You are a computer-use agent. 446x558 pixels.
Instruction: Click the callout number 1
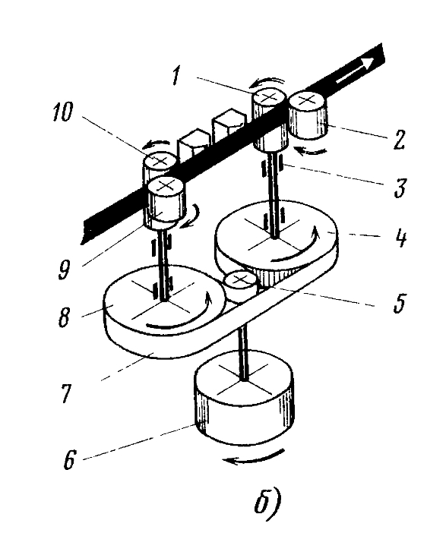pos(176,76)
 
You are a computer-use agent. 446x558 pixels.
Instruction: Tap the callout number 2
pos(398,140)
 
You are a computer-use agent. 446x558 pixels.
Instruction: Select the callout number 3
pos(400,188)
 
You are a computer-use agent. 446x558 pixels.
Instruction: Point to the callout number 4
pos(400,238)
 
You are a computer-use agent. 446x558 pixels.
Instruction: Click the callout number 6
pos(69,460)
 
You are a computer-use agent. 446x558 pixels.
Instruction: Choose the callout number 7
pos(67,393)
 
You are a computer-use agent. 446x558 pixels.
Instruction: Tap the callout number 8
pos(64,317)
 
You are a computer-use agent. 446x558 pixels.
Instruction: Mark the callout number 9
pos(63,270)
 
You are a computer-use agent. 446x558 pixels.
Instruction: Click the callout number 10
pos(63,112)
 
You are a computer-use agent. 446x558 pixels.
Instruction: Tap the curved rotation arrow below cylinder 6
pos(253,458)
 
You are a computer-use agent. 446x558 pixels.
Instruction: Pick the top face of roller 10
pos(160,160)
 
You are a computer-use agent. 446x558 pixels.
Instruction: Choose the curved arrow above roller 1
pos(267,82)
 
